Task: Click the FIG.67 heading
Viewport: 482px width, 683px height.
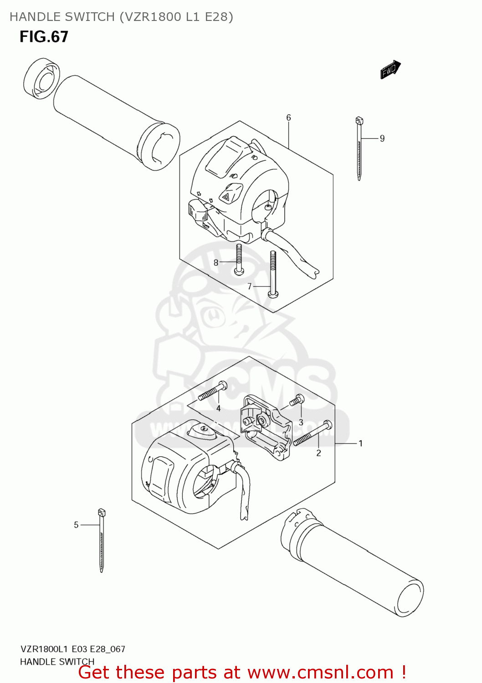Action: tap(44, 36)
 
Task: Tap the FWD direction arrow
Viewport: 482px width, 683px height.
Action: tap(390, 70)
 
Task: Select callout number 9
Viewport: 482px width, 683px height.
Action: tap(382, 138)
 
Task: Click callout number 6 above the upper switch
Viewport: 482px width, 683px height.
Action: tap(288, 118)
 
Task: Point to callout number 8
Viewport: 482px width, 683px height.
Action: tap(216, 263)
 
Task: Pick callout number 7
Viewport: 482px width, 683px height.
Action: tap(249, 286)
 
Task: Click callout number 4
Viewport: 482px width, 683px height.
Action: tap(219, 408)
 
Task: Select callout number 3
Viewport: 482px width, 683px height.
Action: tap(301, 422)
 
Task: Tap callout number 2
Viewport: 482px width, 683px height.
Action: tap(318, 453)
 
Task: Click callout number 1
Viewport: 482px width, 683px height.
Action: tap(360, 443)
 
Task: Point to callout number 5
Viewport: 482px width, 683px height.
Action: tap(76, 525)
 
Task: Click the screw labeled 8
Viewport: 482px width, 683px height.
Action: tap(238, 260)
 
